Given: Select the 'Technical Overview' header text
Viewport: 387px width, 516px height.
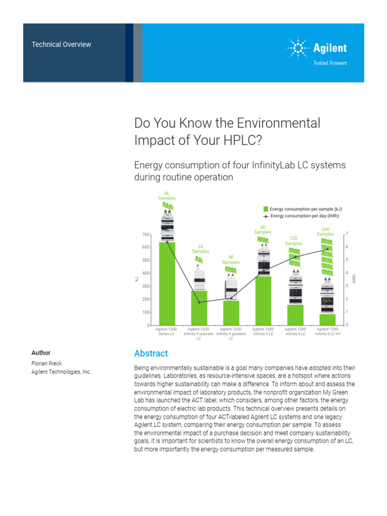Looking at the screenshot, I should point(61,44).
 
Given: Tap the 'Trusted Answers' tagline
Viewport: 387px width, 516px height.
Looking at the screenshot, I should point(330,63).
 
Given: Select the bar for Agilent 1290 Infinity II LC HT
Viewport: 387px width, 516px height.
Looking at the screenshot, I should point(327,319).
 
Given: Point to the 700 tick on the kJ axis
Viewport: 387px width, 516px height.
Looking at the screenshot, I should point(146,235).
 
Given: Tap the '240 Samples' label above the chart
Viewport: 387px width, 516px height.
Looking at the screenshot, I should point(326,231).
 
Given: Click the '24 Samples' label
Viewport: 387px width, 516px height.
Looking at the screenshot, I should point(201,248).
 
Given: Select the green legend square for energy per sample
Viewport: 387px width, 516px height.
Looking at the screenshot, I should point(266,209).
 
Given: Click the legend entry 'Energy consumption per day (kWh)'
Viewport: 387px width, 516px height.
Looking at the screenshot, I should point(304,216).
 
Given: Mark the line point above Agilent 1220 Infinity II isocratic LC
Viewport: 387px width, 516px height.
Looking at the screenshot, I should point(199,302).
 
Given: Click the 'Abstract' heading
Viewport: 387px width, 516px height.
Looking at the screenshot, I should point(151,353).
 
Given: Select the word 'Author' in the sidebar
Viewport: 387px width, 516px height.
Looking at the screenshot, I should point(41,353).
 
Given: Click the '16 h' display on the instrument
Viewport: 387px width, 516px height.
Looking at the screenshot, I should point(327,301).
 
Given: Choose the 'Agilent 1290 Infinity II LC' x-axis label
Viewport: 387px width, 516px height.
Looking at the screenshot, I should point(295,331).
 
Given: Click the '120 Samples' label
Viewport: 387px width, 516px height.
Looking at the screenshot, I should point(293,240).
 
